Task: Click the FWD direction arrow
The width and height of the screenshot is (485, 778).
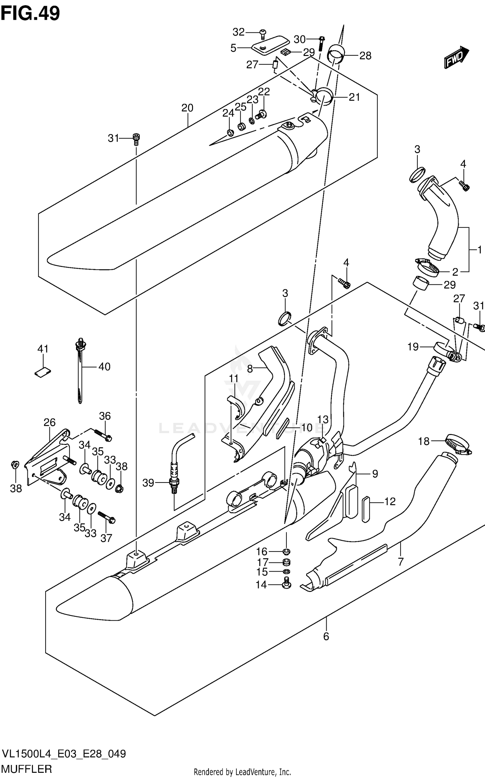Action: [x=456, y=58]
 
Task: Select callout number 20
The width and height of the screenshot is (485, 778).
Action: [x=187, y=108]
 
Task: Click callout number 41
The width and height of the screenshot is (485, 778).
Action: [x=43, y=349]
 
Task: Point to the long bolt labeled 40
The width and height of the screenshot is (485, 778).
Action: [x=80, y=372]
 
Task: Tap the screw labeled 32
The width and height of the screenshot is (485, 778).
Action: [x=263, y=32]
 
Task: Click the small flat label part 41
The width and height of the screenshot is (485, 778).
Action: [x=43, y=373]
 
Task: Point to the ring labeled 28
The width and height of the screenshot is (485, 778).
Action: [x=337, y=55]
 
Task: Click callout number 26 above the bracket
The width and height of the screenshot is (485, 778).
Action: [x=49, y=422]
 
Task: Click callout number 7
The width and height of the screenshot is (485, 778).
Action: [x=400, y=561]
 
